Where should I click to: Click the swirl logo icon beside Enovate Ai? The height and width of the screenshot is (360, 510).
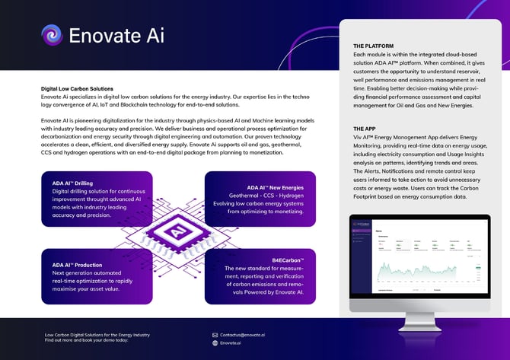point(52,35)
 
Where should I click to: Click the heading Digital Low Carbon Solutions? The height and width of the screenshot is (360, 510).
point(77,89)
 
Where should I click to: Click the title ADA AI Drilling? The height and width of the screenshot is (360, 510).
point(72,183)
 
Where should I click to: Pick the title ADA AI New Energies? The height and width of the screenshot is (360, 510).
point(275,187)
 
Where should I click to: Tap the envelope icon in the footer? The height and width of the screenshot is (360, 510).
point(215,335)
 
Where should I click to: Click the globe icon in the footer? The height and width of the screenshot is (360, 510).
point(215,343)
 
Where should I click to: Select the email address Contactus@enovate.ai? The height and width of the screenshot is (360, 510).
point(243,335)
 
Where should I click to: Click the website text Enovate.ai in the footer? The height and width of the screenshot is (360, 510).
point(231,343)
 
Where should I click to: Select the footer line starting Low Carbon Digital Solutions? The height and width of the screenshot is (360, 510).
point(97,335)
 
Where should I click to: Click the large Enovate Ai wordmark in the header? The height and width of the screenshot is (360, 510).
point(116,35)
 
